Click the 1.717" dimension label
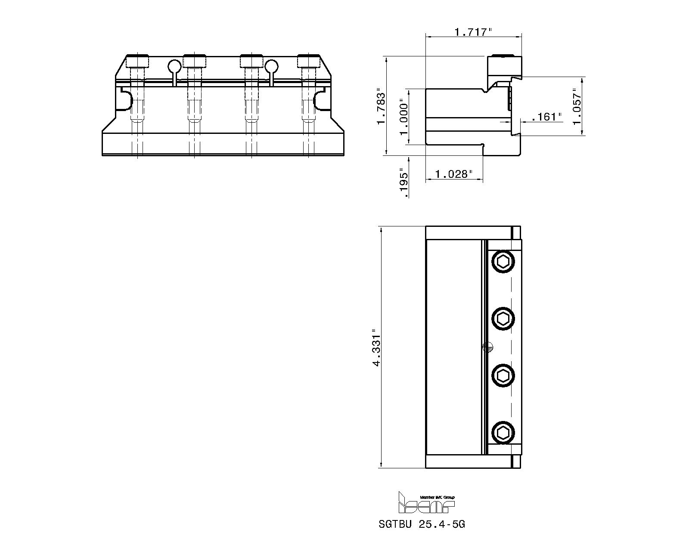[473, 32]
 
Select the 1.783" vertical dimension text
[381, 107]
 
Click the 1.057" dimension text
[577, 106]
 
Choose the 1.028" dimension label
[454, 174]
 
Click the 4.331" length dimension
[377, 347]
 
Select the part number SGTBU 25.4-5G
[422, 524]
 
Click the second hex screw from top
[503, 319]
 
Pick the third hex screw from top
[503, 376]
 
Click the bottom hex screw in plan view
[503, 433]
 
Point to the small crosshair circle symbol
[487, 347]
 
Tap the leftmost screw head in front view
[138, 61]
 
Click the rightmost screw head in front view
[308, 61]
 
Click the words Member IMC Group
[437, 497]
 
